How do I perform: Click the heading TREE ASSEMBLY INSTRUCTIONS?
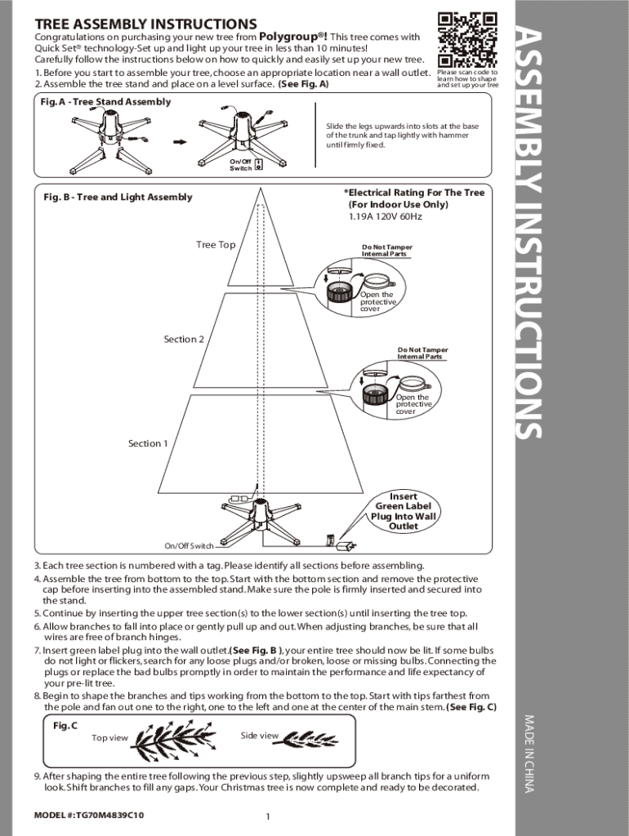click(x=145, y=24)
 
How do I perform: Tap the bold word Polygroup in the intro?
click(x=292, y=36)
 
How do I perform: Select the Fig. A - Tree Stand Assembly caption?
click(x=105, y=102)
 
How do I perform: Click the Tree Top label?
click(x=216, y=245)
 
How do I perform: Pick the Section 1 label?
click(x=148, y=443)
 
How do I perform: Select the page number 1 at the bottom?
click(x=268, y=816)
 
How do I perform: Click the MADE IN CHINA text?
click(x=529, y=753)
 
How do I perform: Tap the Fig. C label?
click(x=65, y=726)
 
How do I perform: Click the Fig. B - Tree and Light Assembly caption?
click(x=118, y=197)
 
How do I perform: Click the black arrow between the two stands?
click(x=178, y=140)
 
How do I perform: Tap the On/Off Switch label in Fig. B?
click(x=190, y=546)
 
